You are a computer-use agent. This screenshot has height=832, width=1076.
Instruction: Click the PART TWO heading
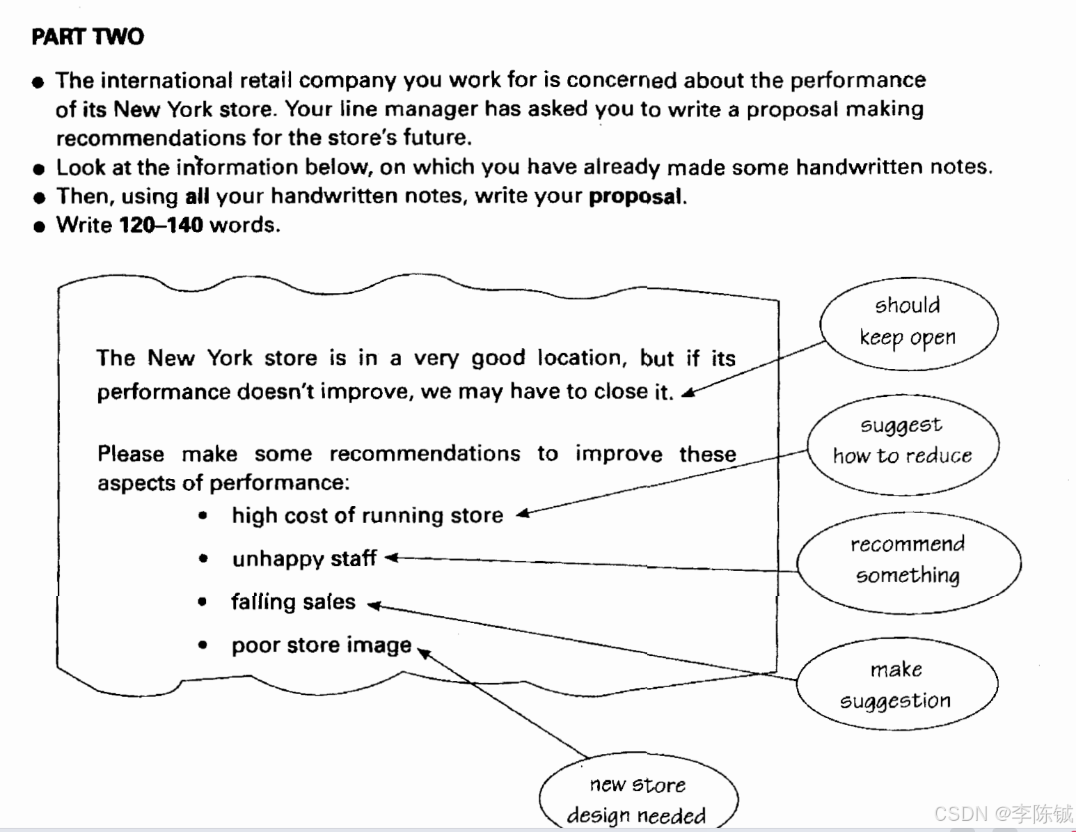click(x=88, y=36)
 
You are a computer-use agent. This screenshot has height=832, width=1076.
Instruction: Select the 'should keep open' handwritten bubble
click(x=908, y=322)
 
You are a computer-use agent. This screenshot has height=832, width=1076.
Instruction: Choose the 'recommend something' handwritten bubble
click(x=908, y=561)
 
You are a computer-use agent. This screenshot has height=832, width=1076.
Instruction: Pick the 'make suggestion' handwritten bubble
click(x=896, y=685)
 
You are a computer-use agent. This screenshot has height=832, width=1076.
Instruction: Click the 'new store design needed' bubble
click(x=638, y=799)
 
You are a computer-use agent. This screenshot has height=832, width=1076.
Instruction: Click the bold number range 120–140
click(x=161, y=225)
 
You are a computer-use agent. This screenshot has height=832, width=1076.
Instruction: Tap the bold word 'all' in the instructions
click(x=197, y=196)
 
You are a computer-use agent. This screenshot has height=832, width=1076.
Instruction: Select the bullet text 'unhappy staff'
click(x=304, y=558)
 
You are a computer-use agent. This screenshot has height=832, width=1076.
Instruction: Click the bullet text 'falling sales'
click(x=293, y=602)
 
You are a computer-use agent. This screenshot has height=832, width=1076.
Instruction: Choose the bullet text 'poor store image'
click(x=321, y=645)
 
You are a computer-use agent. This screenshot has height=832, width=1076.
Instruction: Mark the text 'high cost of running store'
click(x=367, y=515)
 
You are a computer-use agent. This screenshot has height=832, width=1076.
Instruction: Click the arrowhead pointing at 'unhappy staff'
click(x=391, y=558)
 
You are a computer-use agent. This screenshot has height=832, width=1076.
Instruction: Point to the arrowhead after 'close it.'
click(x=688, y=393)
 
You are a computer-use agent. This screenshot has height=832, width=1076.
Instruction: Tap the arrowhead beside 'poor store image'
click(x=423, y=652)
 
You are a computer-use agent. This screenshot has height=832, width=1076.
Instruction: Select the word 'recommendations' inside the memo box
click(x=425, y=454)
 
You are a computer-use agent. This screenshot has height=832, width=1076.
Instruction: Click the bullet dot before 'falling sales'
click(x=203, y=602)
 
